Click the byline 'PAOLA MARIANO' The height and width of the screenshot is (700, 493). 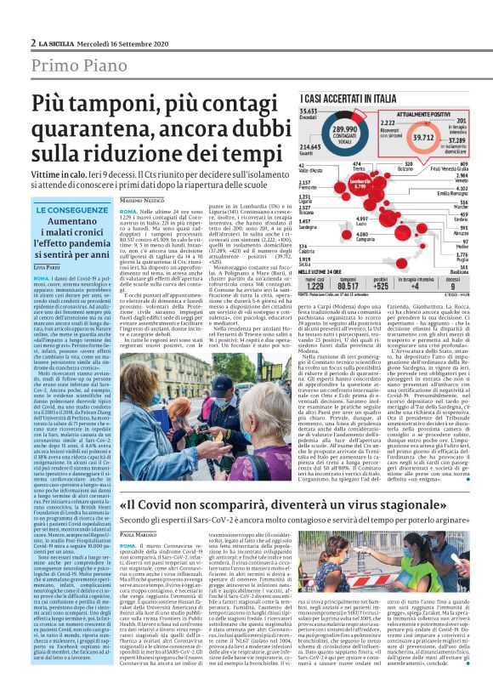(x=139, y=533)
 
